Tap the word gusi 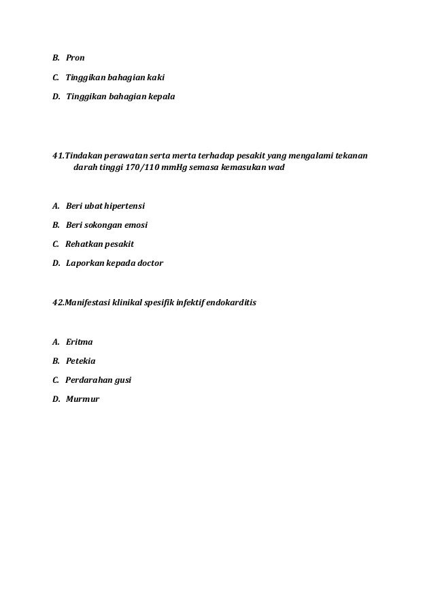[122, 380]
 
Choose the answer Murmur [82, 399]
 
